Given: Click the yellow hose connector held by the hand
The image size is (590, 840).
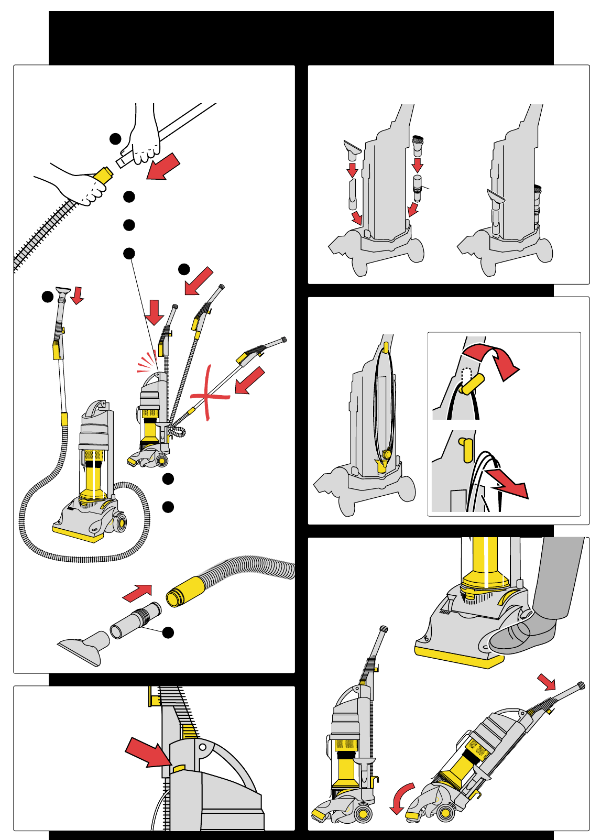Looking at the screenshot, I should point(104,174).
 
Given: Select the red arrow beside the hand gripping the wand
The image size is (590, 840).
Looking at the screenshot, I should point(163,167).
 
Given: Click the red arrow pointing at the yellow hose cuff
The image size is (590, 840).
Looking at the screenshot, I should point(137,593).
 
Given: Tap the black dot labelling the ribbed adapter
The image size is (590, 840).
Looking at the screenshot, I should point(168,632).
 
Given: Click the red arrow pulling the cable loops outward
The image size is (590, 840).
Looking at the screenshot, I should point(507,485).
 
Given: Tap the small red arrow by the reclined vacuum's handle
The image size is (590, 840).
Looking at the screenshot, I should point(547,682).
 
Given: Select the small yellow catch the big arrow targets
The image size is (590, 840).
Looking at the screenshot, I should point(179,768).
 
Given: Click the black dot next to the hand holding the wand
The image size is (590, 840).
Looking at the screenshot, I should point(115,139).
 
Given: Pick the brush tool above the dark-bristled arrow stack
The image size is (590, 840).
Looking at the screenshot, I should point(418,144).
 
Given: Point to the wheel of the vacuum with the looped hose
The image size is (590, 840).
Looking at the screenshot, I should point(121,523).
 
